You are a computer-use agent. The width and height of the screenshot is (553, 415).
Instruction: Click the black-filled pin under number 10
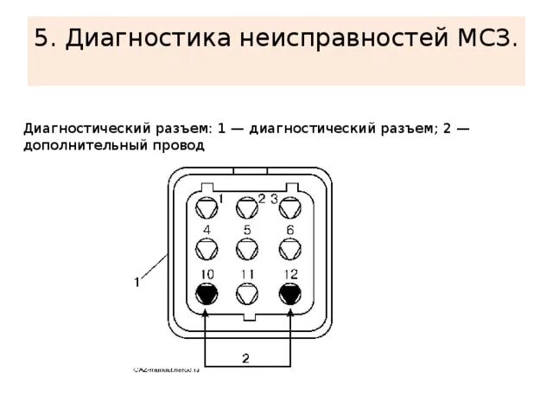tap(207, 294)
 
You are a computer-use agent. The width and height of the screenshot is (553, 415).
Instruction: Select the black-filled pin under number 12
tap(289, 294)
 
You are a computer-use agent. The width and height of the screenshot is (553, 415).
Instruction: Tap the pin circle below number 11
tap(248, 294)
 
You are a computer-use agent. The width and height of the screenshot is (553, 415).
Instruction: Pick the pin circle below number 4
tap(207, 249)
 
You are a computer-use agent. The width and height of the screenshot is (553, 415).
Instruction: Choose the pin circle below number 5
tap(248, 249)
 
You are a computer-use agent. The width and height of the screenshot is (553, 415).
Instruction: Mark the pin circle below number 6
tap(289, 249)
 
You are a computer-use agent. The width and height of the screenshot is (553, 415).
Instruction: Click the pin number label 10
tap(207, 274)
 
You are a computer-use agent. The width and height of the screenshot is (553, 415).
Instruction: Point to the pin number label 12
tap(289, 274)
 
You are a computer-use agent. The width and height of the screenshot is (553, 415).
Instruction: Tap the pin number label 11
tap(248, 274)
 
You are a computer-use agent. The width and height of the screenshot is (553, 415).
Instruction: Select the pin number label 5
tap(248, 229)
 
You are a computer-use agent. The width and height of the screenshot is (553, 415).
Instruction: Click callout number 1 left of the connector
tap(137, 281)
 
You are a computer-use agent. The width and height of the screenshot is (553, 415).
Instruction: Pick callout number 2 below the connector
tap(245, 356)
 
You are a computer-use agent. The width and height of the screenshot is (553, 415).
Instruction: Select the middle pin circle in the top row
tap(248, 207)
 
